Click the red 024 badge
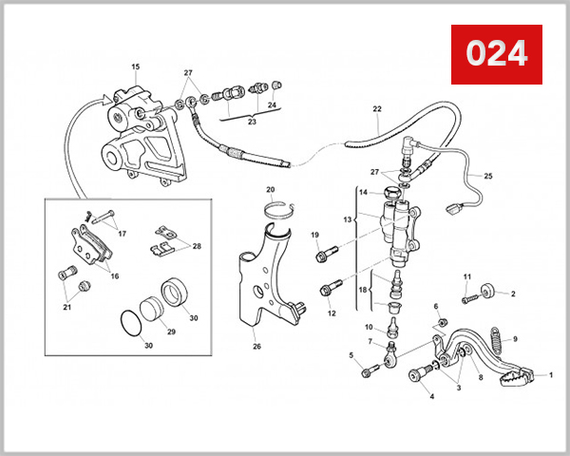click(x=496, y=54)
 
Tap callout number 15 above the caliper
click(x=135, y=66)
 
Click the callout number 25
click(x=488, y=176)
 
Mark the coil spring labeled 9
click(x=495, y=337)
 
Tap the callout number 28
click(x=197, y=246)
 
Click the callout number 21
click(x=66, y=307)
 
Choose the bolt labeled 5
click(x=368, y=371)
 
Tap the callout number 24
click(x=272, y=104)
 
